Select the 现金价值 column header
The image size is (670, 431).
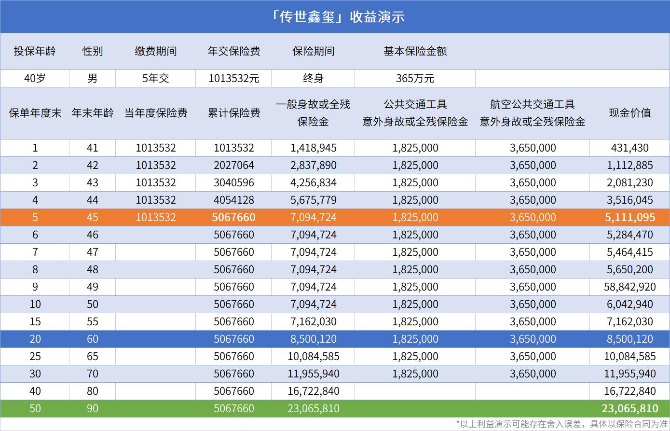point(629,113)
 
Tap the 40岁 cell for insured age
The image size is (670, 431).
point(35,78)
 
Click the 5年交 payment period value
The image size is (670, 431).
point(155,78)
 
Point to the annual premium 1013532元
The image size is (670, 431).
point(233,78)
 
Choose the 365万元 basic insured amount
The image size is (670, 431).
point(415,78)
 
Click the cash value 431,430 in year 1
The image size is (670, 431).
point(629,148)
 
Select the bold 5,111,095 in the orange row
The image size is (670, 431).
point(629,218)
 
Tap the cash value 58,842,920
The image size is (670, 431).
point(629,287)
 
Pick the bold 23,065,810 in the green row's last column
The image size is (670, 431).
point(629,409)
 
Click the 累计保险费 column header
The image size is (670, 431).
point(233,113)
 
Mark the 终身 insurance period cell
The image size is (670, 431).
point(313,78)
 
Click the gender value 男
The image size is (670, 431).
point(92,78)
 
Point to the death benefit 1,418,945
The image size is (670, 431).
point(313,148)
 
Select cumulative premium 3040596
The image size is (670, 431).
point(233,183)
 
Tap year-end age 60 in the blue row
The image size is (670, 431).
point(92,339)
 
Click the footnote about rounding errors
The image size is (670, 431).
point(562,424)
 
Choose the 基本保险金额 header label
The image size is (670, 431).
point(415,51)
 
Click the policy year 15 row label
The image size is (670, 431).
point(35,322)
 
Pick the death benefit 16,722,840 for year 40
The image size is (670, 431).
point(313,391)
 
